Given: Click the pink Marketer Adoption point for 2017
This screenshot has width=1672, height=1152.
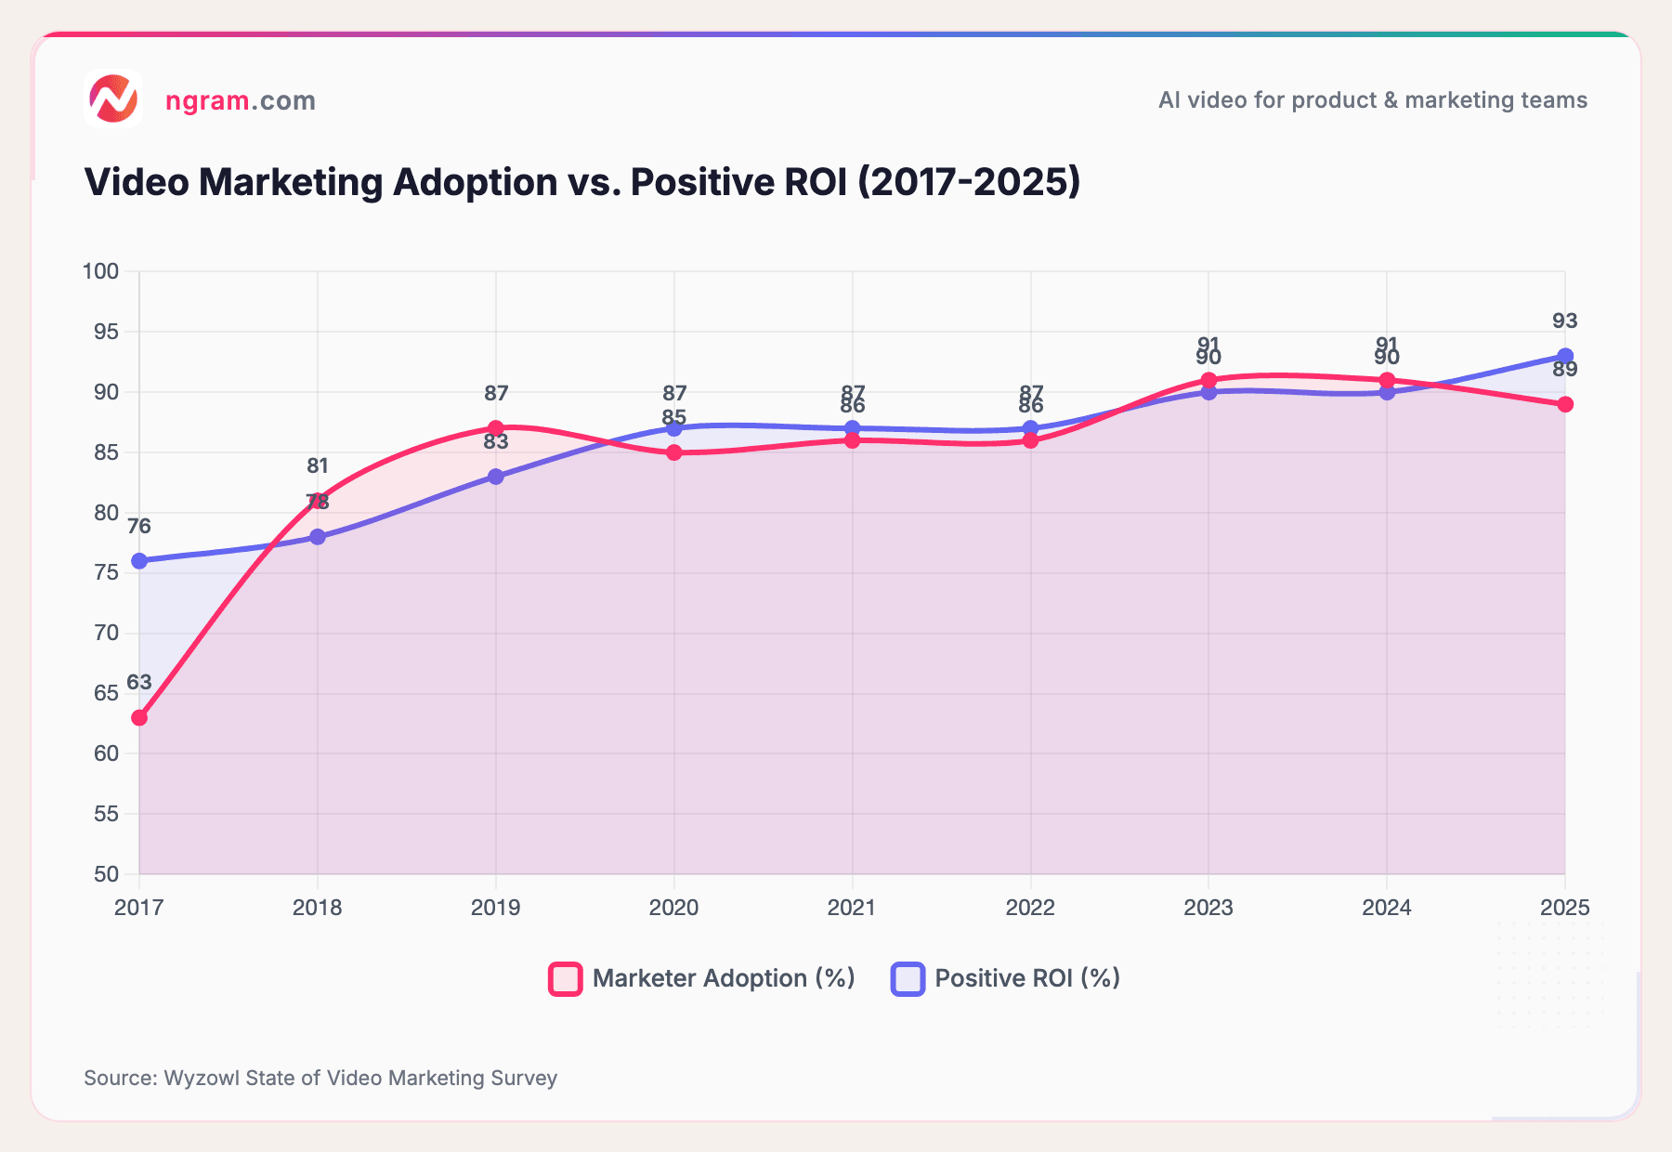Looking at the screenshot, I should coord(139,717).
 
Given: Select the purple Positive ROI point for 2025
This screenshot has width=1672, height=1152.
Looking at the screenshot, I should coord(1565,356).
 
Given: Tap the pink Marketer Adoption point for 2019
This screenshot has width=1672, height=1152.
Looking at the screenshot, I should coord(496,428).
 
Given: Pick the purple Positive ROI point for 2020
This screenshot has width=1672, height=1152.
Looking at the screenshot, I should coord(674,428).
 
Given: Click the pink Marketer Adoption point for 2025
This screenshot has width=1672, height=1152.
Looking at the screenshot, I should coord(1565,404).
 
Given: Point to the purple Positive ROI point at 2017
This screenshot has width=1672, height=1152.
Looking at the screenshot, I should coord(139,561).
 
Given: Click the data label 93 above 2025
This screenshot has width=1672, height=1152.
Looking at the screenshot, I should coord(1565,321).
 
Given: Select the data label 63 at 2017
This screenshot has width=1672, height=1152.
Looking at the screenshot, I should coord(139,683).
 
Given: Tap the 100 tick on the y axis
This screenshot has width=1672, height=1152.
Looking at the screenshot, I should coord(101,271).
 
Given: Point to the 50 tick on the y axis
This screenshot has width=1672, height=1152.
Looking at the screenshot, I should coord(106,874).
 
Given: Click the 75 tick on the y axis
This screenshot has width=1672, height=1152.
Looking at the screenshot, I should coord(106,572).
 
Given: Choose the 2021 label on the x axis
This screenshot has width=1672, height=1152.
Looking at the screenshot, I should coord(852,908).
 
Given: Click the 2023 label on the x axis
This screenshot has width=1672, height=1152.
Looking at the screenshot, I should coord(1208,908).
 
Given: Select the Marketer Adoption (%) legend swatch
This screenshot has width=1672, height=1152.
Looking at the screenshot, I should coord(566,979).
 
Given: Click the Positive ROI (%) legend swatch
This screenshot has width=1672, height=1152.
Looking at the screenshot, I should coord(908,979).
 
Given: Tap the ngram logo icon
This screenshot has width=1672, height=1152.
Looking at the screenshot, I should coord(113,98).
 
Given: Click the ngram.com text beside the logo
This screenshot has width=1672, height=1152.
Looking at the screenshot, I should coord(241,100).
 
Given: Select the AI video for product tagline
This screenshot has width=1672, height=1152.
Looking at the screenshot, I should coord(1372,100).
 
